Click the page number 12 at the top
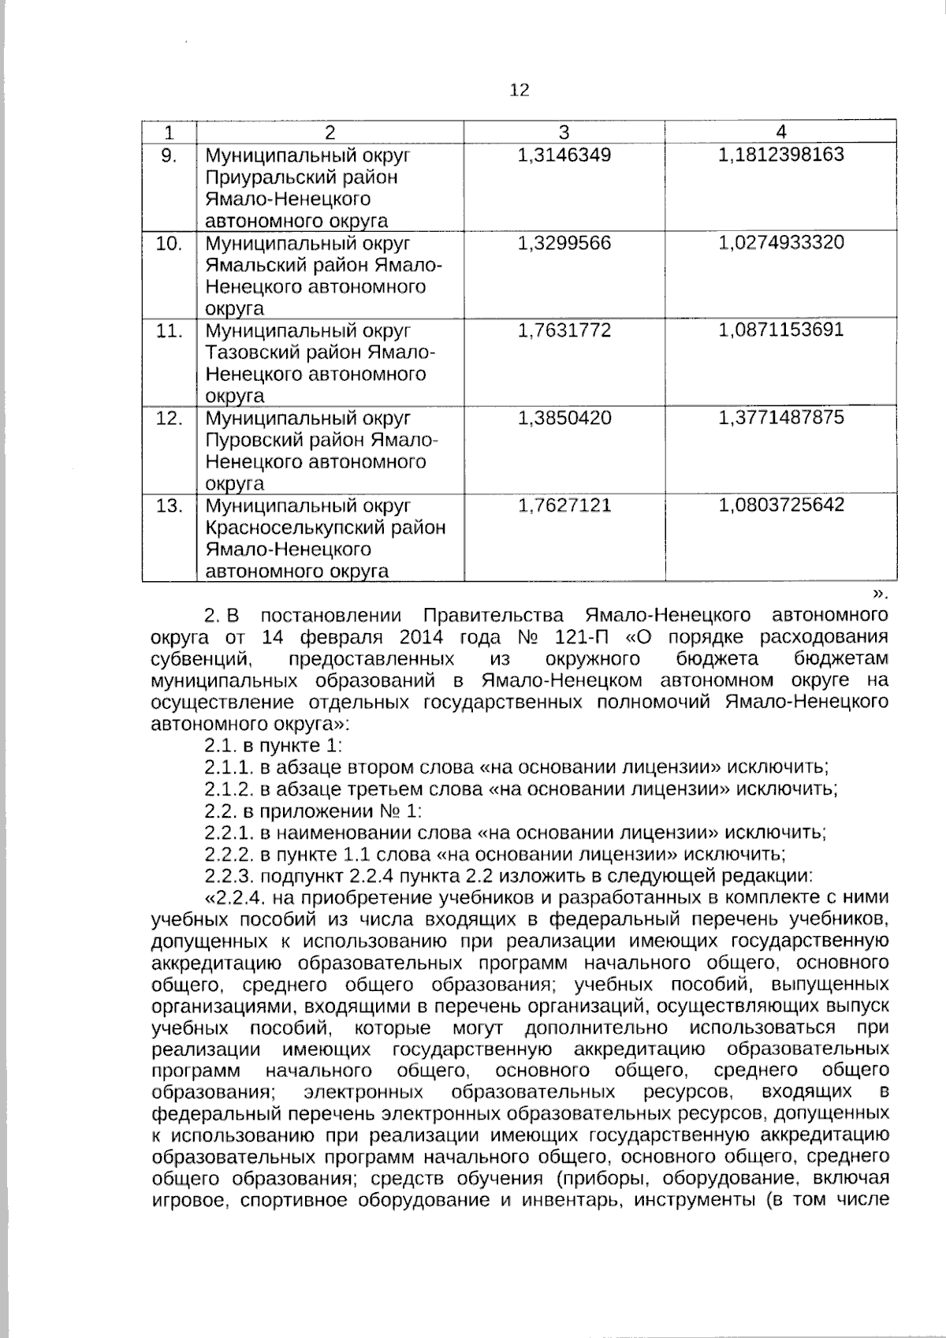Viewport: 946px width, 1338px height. tap(520, 90)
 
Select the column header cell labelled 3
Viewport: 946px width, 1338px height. tap(564, 132)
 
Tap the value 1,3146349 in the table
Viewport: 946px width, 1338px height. tap(564, 155)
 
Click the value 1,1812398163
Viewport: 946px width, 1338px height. tap(780, 155)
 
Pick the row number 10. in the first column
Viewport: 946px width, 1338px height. tap(169, 243)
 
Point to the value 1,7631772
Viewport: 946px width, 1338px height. tap(564, 330)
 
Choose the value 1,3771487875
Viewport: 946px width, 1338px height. tap(780, 418)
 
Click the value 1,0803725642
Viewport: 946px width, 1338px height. tap(780, 505)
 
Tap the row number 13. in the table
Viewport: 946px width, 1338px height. tap(169, 505)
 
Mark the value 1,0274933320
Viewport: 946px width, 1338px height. tap(780, 243)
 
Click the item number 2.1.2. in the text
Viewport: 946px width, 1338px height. tap(229, 788)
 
